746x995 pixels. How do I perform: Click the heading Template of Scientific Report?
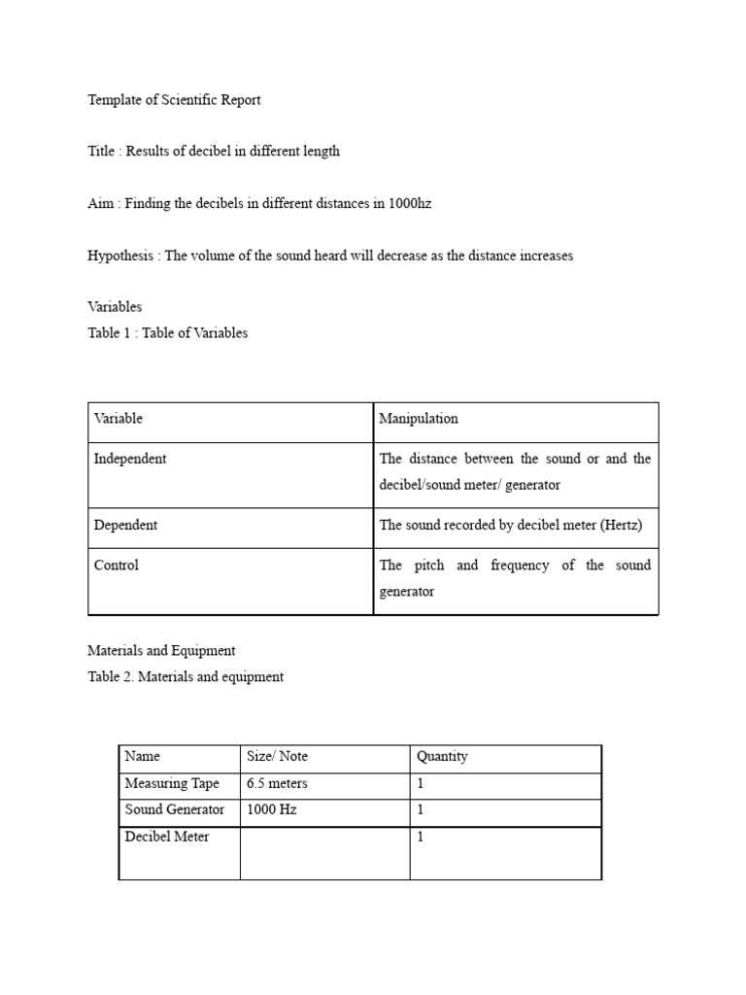point(174,100)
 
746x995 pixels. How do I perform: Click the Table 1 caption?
point(167,333)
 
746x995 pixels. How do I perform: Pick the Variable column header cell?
point(119,419)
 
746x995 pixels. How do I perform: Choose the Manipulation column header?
point(419,419)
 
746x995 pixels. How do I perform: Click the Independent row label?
point(130,460)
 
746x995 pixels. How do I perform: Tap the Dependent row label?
point(125,526)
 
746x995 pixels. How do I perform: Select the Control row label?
point(117,566)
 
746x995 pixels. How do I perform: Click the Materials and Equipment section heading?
point(161,651)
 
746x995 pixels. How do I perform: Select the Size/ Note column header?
point(278,757)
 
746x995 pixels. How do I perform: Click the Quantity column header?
point(442,757)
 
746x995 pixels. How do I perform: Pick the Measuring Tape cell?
point(172,784)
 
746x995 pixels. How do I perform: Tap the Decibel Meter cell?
point(167,837)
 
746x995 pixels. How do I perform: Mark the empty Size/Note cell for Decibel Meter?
point(324,852)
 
